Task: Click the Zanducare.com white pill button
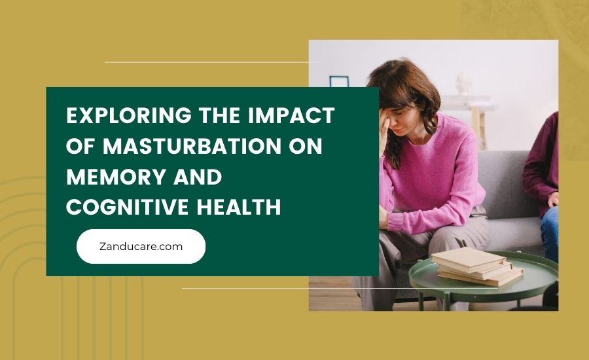pyautogui.click(x=141, y=246)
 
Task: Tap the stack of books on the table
pyautogui.click(x=476, y=266)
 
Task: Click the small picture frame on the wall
pyautogui.click(x=339, y=82)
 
